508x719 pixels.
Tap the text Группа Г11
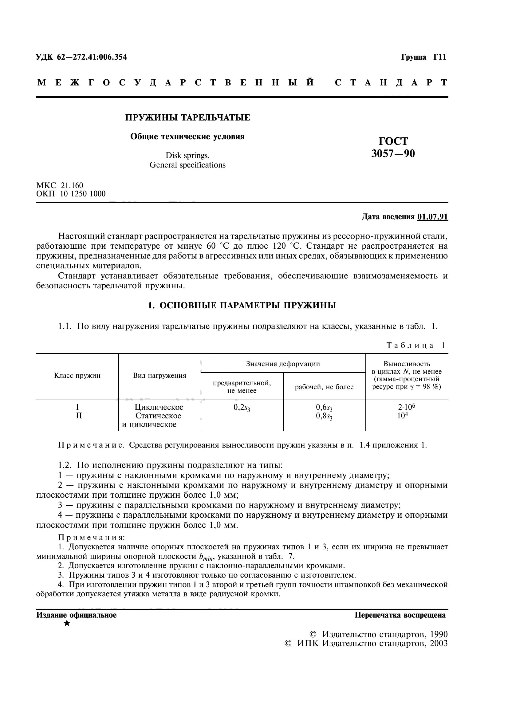pos(423,57)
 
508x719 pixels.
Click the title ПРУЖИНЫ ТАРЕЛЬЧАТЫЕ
pos(187,118)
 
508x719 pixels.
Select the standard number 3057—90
pos(393,154)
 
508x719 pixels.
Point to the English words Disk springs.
pos(187,156)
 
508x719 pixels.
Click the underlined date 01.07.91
pos(433,217)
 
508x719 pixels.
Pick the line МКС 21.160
pos(60,185)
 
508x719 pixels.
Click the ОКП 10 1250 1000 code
pos(71,194)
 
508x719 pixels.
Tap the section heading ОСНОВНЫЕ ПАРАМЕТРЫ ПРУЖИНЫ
pos(248,305)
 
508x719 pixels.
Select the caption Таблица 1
pos(416,346)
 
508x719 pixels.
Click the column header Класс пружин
pos(77,376)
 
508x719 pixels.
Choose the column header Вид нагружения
pos(159,376)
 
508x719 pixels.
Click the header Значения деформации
pos(283,364)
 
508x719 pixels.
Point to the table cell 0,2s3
pos(242,408)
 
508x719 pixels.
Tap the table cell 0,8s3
pos(324,417)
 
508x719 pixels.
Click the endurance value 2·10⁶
pos(407,407)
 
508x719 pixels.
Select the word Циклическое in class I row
pos(159,407)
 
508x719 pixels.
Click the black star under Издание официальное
pos(67,623)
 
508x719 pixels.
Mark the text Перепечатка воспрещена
pos(400,615)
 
